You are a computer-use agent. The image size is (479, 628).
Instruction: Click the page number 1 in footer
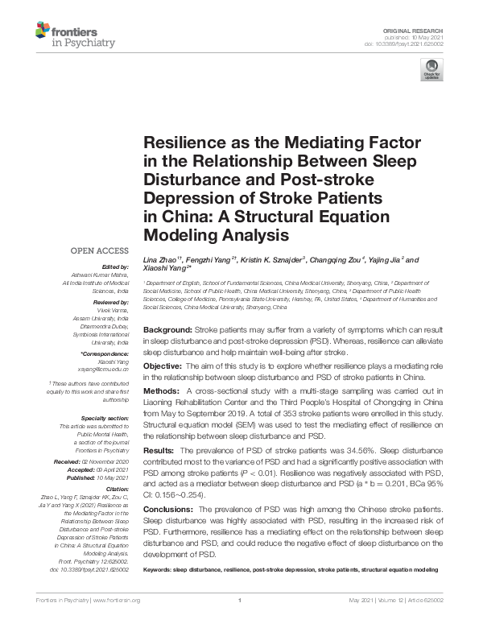point(240,600)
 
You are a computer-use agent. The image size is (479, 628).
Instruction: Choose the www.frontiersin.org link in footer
point(118,600)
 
